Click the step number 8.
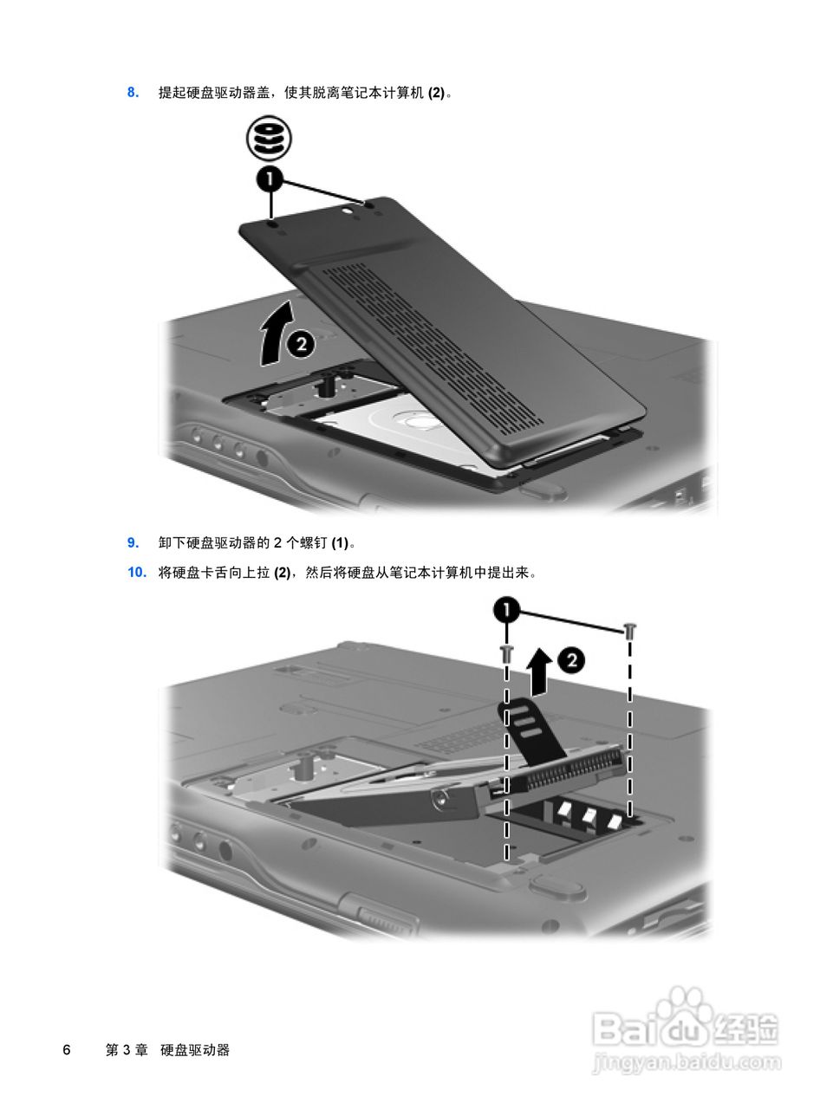133,92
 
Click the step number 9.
133,543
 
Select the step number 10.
136,573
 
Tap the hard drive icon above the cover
268,139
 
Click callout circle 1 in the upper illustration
270,180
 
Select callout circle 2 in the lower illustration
570,661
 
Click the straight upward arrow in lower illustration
539,671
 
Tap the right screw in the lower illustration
630,631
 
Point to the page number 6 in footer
66,1050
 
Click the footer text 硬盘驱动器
195,1050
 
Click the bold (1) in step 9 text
340,543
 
